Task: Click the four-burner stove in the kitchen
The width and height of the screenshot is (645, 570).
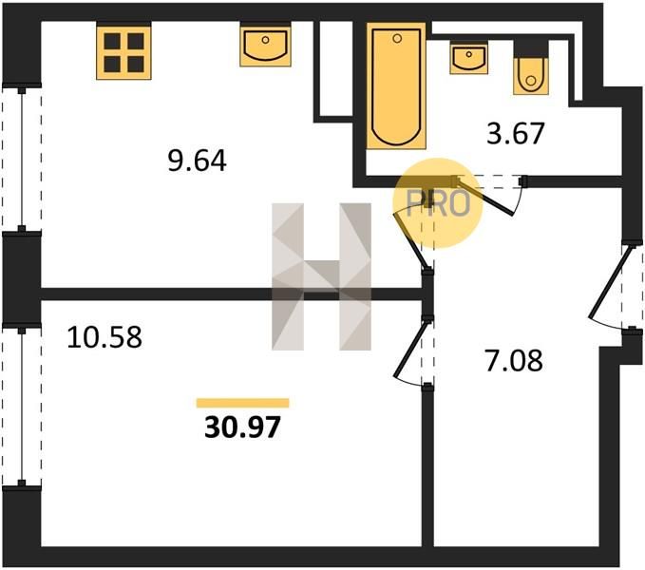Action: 123,52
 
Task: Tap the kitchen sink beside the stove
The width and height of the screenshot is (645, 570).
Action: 265,46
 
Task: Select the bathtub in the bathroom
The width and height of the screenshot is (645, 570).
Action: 396,85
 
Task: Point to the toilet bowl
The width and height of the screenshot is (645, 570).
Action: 531,76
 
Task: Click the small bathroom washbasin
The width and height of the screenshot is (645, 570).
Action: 469,59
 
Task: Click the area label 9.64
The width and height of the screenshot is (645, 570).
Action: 197,161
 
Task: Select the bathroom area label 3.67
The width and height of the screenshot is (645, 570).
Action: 516,133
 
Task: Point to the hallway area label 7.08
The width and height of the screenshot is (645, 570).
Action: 514,361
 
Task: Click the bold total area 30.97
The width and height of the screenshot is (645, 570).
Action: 242,427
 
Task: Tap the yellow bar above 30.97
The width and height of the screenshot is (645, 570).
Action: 242,403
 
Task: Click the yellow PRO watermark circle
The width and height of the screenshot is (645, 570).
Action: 437,203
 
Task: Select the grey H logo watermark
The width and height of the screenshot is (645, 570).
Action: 322,276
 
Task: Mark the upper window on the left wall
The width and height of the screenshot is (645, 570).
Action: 22,159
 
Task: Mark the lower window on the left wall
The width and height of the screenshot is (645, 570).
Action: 22,407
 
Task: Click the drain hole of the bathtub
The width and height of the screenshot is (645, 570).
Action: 397,39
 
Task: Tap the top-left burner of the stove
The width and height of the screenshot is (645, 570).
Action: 112,41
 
